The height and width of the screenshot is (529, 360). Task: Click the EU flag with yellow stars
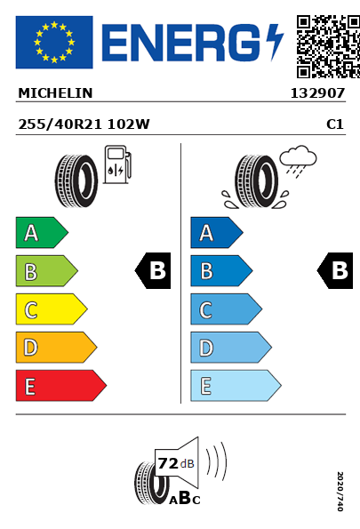point(54,42)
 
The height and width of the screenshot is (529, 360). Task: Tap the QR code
point(328,46)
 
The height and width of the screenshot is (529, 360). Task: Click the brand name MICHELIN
point(55,93)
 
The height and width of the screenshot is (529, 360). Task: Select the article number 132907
point(317,93)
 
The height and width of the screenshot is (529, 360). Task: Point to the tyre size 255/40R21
point(60,124)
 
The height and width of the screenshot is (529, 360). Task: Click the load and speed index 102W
point(129,124)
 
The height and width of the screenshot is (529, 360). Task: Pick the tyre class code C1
point(335,124)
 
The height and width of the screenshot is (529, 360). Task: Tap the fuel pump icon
point(117,164)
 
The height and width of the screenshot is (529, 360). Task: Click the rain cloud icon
point(298,161)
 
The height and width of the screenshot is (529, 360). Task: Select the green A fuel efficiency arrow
point(42,232)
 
